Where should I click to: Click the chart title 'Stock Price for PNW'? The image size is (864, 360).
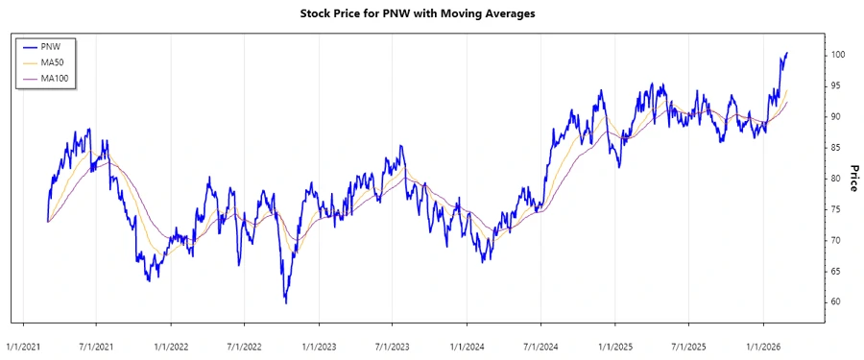[431, 13]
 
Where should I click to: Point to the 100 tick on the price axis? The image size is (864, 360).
[838, 55]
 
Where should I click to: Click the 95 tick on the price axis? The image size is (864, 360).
[836, 85]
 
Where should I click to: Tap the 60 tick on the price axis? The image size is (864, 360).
[836, 301]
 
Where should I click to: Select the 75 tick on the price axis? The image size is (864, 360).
[836, 209]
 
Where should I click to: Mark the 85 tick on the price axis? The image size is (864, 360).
[836, 147]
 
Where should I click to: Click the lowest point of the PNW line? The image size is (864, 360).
[285, 303]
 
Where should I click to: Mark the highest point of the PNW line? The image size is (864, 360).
[787, 53]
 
